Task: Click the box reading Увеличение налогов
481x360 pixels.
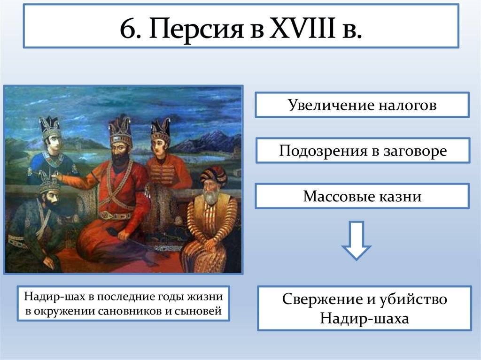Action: (362, 105)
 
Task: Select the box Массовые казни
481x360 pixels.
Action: (362, 196)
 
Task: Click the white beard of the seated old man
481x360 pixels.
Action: (211, 196)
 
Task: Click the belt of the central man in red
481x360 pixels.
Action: (115, 215)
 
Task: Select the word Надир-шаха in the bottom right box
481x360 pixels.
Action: (365, 318)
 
